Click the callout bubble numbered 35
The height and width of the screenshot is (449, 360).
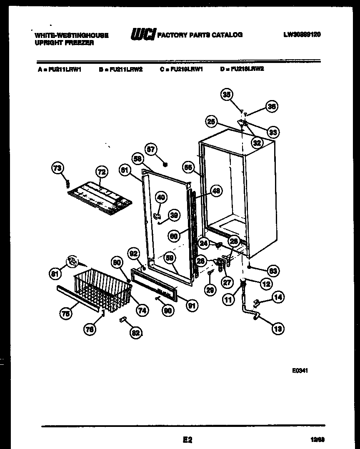pyautogui.click(x=227, y=95)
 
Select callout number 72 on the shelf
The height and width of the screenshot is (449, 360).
pyautogui.click(x=101, y=171)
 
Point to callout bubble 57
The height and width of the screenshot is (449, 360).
pyautogui.click(x=150, y=148)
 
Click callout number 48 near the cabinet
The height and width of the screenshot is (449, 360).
pyautogui.click(x=216, y=191)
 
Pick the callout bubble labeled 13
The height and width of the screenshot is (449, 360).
pyautogui.click(x=278, y=329)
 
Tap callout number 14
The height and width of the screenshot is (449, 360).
pyautogui.click(x=278, y=297)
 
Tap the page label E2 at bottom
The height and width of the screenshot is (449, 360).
pyautogui.click(x=187, y=439)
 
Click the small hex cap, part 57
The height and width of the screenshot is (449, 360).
pyautogui.click(x=165, y=164)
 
